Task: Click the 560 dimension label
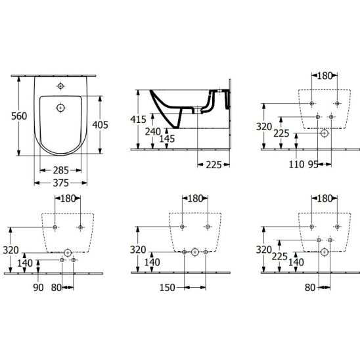pyautogui.click(x=19, y=116)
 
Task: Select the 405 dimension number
pyautogui.click(x=100, y=125)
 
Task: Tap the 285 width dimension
pyautogui.click(x=61, y=170)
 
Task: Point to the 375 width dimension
pyautogui.click(x=61, y=183)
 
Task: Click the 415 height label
pyautogui.click(x=138, y=120)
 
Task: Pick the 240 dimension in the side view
pyautogui.click(x=153, y=132)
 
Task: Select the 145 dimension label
pyautogui.click(x=167, y=139)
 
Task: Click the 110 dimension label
pyautogui.click(x=296, y=164)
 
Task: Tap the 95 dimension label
pyautogui.click(x=313, y=164)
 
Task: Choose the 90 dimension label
pyautogui.click(x=38, y=288)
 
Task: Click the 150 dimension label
pyautogui.click(x=168, y=288)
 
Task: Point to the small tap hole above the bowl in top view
pyautogui.click(x=60, y=86)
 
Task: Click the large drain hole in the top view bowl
pyautogui.click(x=60, y=108)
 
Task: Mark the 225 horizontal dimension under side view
pyautogui.click(x=214, y=165)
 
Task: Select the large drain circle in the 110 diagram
pyautogui.click(x=324, y=133)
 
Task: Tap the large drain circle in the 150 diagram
pyautogui.click(x=195, y=252)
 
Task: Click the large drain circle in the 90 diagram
pyautogui.click(x=68, y=253)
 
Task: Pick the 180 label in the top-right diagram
pyautogui.click(x=325, y=76)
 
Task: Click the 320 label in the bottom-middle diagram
pyautogui.click(x=138, y=250)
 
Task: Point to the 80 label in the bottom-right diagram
pyautogui.click(x=310, y=288)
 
